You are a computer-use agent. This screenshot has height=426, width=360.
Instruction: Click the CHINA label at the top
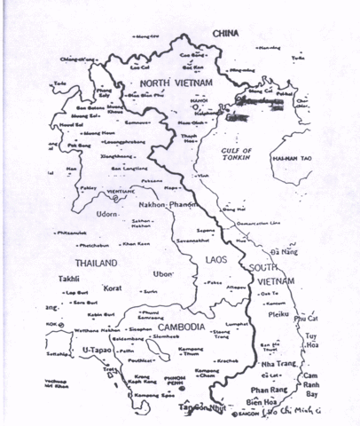pos(227,33)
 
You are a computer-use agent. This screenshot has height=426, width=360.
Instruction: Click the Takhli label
pos(67,278)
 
